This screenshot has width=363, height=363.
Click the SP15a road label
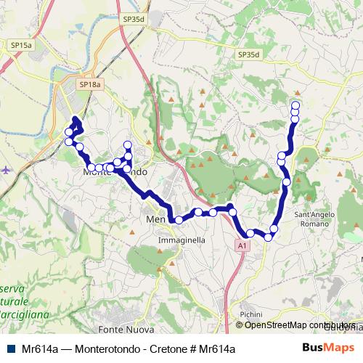pos(21,45)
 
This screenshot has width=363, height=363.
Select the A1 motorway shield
pos(242,247)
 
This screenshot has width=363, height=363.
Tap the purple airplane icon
pos(5,170)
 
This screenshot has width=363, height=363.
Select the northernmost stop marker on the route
pos(295,105)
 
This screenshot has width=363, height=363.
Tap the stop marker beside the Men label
pos(178,219)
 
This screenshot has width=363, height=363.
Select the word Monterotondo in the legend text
pos(96,349)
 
